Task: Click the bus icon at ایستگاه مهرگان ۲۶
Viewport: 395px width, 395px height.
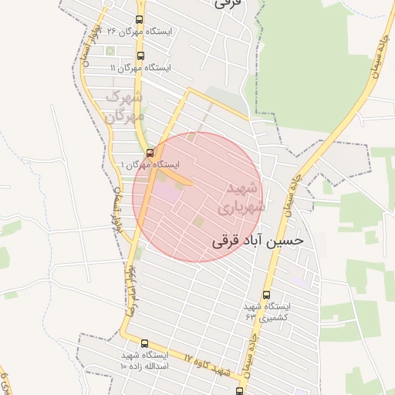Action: [139, 20]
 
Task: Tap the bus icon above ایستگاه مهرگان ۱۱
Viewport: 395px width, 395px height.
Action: [140, 56]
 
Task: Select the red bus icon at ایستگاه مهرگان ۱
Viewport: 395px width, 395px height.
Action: [150, 153]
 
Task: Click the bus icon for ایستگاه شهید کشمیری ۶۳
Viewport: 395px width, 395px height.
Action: [267, 295]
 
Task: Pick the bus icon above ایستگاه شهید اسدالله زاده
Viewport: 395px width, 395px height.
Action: [144, 343]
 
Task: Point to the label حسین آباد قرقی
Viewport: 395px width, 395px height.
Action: [258, 241]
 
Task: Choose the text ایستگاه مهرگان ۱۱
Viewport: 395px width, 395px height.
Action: [140, 68]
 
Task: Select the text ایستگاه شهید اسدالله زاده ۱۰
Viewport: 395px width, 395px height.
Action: [144, 360]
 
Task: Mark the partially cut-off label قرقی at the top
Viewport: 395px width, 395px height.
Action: [228, 4]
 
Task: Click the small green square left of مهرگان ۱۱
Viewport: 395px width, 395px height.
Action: [110, 51]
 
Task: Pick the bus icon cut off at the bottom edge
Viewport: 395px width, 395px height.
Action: [240, 391]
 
